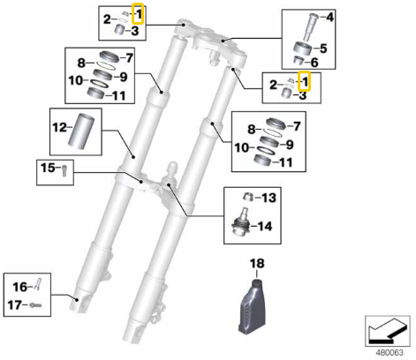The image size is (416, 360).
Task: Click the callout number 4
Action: tap(331, 17)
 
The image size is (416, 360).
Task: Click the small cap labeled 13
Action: tap(246, 196)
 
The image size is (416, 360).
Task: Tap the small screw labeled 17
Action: tap(34, 305)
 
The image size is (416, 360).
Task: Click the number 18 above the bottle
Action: tap(257, 263)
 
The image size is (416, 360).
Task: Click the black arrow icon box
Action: tap(387, 329)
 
